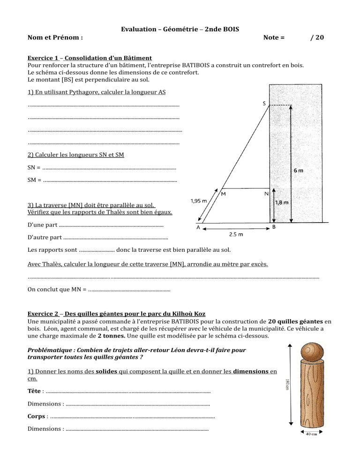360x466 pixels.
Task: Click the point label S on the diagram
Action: point(265,104)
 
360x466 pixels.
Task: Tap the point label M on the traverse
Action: point(223,194)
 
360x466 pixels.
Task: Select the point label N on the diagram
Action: point(266,194)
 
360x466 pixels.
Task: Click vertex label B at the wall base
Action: point(274,227)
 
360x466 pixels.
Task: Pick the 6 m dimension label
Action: point(298,171)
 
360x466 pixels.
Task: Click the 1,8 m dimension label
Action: point(282,203)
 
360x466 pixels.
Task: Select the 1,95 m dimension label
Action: point(199,201)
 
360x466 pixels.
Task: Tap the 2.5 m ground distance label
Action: point(236,234)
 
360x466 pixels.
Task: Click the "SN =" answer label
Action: point(34,167)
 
